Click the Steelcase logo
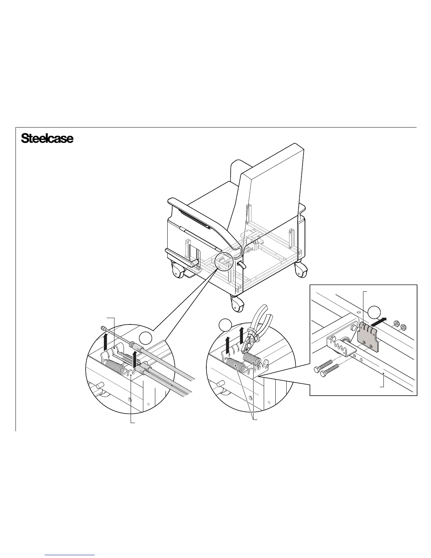(x=47, y=138)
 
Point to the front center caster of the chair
(x=237, y=303)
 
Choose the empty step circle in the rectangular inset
(x=375, y=313)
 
